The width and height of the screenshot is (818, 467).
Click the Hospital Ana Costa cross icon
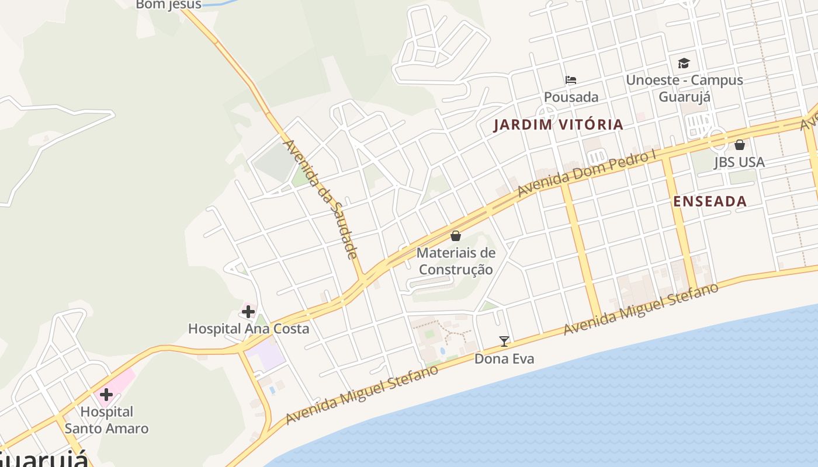(x=248, y=312)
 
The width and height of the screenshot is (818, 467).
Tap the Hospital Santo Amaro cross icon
(x=106, y=395)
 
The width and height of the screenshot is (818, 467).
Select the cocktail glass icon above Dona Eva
(x=504, y=341)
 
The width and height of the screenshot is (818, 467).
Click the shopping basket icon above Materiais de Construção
(x=456, y=236)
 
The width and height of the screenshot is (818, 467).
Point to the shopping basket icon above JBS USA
(x=740, y=144)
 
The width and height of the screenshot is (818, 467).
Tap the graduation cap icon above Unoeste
(x=684, y=63)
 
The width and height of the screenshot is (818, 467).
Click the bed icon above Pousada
(x=571, y=80)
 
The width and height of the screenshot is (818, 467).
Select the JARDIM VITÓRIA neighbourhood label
(x=559, y=124)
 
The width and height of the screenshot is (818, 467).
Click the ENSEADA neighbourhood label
(x=710, y=201)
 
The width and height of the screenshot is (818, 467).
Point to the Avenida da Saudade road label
(x=320, y=198)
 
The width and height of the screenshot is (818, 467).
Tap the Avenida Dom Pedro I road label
(x=587, y=174)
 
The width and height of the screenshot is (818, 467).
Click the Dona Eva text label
(x=504, y=358)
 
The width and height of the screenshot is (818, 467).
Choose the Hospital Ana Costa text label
(x=248, y=329)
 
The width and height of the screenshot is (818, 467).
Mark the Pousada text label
(x=571, y=97)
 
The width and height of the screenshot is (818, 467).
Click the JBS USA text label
(x=739, y=162)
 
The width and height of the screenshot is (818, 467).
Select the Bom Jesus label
(x=168, y=5)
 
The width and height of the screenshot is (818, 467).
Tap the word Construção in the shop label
(x=456, y=270)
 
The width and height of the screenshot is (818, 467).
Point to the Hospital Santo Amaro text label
(x=106, y=420)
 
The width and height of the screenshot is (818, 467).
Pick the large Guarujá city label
(x=44, y=459)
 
